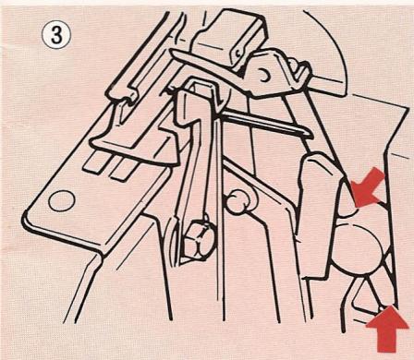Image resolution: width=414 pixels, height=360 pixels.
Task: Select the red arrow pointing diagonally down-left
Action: (x=368, y=188)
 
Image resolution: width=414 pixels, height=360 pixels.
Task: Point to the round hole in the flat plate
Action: (x=62, y=201)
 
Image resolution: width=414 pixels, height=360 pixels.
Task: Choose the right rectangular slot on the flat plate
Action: (x=124, y=170)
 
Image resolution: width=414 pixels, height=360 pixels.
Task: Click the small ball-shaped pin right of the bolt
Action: (x=237, y=201)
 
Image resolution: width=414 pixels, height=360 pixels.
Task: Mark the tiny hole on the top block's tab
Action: (x=237, y=53)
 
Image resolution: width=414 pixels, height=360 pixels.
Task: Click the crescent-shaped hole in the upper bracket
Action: (x=264, y=76)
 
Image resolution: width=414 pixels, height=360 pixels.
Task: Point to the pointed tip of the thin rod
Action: (x=311, y=135)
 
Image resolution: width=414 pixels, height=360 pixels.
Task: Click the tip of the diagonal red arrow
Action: (x=356, y=207)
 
